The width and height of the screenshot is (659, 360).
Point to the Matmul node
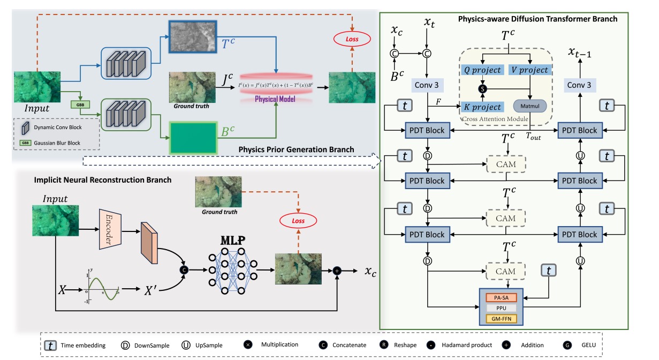[x=529, y=106]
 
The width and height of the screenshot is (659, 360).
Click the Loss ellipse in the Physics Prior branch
[x=352, y=39]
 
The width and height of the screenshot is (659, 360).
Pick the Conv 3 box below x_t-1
[x=580, y=85]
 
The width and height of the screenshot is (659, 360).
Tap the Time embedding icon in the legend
[x=50, y=345]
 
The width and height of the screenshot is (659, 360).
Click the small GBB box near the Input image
[x=79, y=104]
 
